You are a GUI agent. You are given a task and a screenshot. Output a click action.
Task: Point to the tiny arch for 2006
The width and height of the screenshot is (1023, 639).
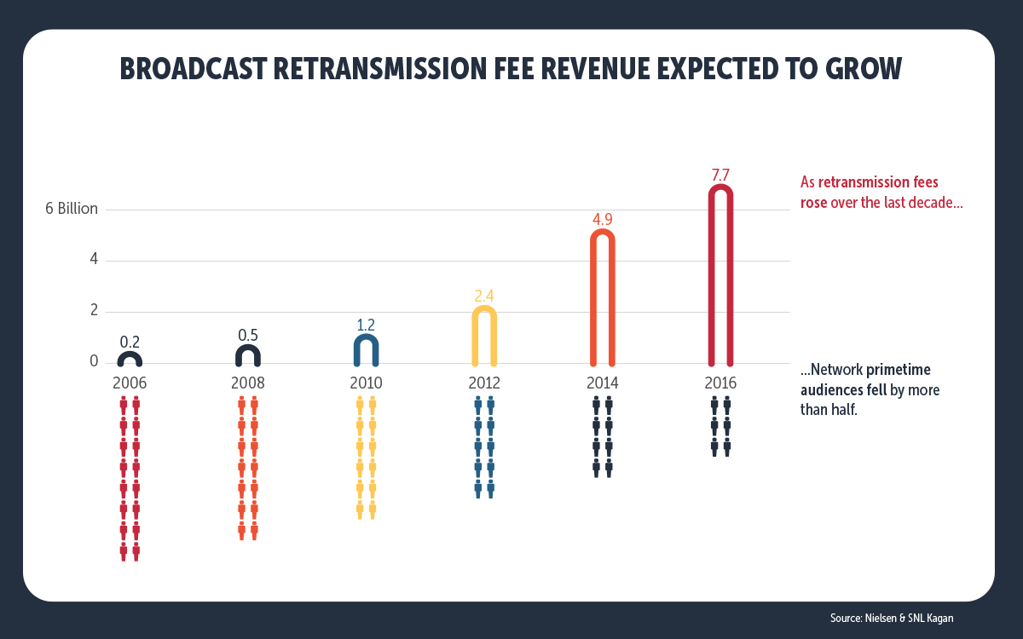[x=130, y=358]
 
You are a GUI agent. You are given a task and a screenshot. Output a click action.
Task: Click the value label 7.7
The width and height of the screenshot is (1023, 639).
[x=720, y=175]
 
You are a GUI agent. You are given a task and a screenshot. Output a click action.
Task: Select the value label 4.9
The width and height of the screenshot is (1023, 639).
[x=603, y=219]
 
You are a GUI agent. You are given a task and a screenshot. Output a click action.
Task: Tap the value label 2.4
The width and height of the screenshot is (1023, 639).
[x=484, y=296]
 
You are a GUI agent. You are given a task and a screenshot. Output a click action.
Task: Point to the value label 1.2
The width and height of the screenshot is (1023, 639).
[x=366, y=324]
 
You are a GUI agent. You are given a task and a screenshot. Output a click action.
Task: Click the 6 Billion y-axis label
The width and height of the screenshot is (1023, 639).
[x=72, y=209]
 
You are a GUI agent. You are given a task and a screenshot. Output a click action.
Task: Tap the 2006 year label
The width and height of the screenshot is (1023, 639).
[x=130, y=383]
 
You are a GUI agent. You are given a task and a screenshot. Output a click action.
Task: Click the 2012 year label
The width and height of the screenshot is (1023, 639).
[x=484, y=383]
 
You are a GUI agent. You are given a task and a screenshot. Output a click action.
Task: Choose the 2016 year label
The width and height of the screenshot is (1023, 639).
[x=720, y=383]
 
